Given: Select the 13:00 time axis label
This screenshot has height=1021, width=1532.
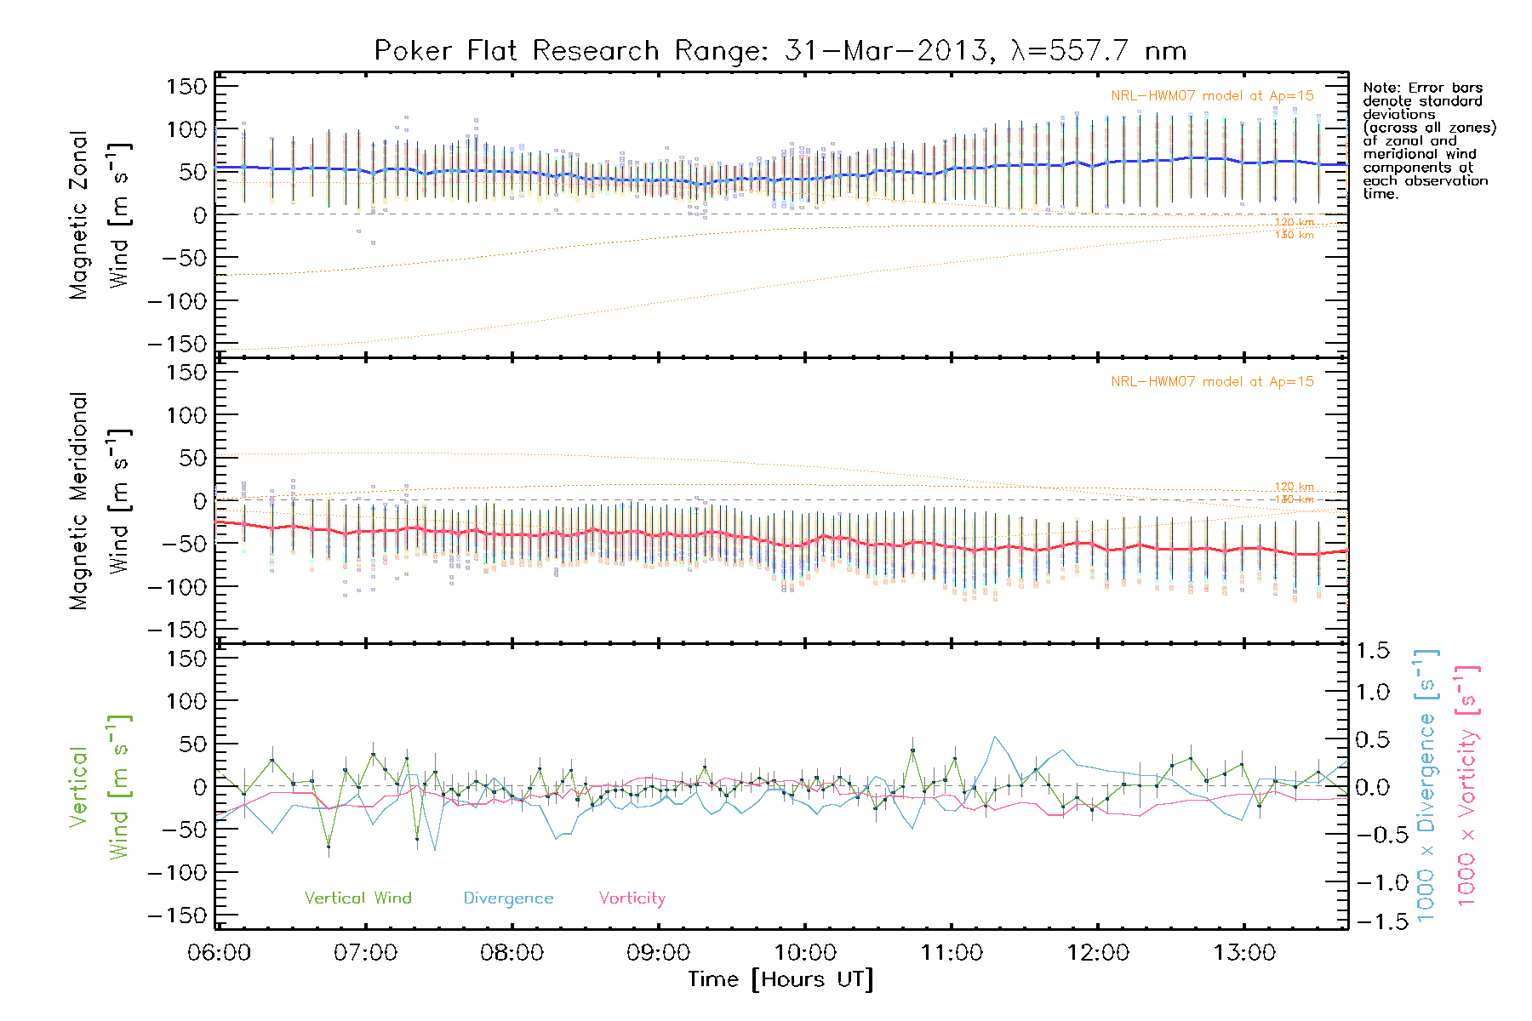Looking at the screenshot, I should [x=1244, y=953].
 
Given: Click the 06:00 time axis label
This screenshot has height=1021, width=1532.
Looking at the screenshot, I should [x=219, y=953].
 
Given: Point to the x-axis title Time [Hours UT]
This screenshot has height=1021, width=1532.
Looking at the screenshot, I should [x=780, y=980].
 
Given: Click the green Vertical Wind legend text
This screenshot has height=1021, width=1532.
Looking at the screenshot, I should [x=357, y=898].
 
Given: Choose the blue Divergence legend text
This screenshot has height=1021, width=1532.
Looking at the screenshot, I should [x=508, y=898].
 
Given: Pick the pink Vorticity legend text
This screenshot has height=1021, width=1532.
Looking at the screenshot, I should [x=632, y=898].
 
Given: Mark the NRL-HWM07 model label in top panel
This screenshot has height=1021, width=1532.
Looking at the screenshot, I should [x=1212, y=96].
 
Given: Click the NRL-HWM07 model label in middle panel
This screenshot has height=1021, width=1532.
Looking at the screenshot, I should [x=1212, y=382].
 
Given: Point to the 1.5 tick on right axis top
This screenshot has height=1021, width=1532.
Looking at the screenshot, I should [x=1372, y=651].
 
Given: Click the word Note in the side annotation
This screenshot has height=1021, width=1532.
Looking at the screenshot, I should [x=1380, y=88].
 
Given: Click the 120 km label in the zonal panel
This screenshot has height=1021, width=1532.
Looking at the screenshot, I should [x=1294, y=223].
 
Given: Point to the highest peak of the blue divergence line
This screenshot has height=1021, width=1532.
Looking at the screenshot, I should [x=994, y=737].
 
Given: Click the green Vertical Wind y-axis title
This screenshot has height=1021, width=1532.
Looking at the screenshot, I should [x=100, y=786].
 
